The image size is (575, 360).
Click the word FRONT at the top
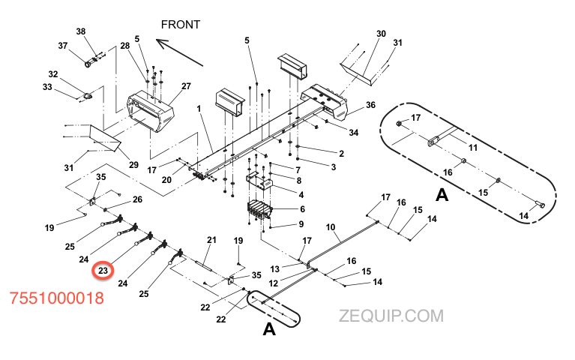tap(181, 25)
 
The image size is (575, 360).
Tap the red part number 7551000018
tap(56, 298)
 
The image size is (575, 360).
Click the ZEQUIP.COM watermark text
tap(391, 317)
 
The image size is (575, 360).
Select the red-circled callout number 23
tap(102, 270)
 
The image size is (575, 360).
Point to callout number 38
tap(81, 31)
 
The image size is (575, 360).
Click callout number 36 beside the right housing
tap(370, 106)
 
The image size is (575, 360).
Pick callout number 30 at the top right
tap(381, 34)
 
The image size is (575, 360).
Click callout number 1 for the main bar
tap(200, 109)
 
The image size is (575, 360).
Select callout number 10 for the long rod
tap(331, 226)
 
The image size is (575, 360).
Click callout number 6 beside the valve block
tap(301, 208)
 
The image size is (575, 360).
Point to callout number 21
tap(211, 240)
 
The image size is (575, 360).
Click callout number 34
tap(354, 133)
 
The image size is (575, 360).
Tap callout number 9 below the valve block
tap(301, 223)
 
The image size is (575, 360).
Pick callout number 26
tap(137, 199)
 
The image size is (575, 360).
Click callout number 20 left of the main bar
tap(166, 179)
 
